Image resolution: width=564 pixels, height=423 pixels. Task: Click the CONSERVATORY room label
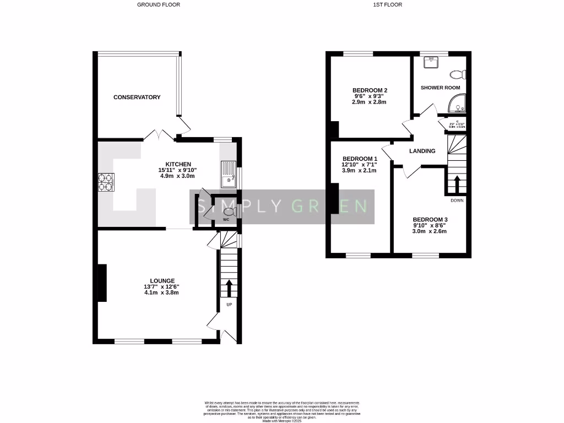137,97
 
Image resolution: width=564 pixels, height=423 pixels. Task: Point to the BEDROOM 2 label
370,90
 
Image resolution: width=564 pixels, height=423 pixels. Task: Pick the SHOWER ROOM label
440,88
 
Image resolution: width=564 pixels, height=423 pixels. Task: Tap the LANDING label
422,151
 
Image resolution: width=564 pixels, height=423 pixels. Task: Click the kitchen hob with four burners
105,182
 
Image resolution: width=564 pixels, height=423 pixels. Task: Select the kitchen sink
228,174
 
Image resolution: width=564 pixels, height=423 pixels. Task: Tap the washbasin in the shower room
432,62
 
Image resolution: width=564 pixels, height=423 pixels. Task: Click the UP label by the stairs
229,304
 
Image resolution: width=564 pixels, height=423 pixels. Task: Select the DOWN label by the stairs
457,200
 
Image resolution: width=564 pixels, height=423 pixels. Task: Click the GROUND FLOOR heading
159,4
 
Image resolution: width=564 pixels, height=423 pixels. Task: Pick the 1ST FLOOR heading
388,4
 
